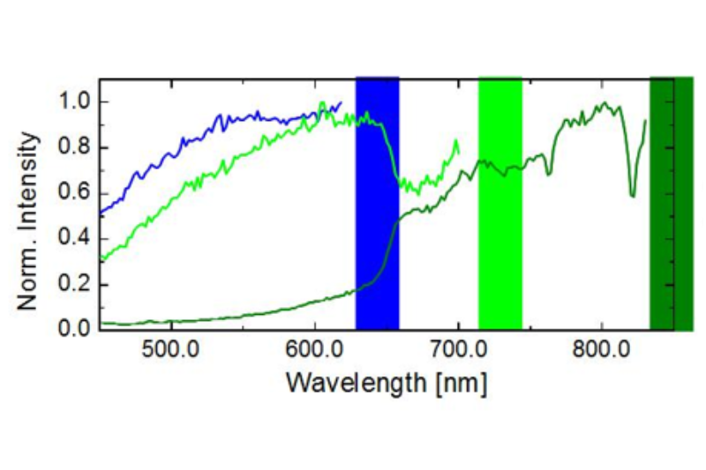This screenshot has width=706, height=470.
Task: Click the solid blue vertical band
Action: [x=377, y=203]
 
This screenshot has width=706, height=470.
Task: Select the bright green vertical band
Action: [x=500, y=203]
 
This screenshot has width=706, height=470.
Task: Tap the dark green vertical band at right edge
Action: [x=672, y=203]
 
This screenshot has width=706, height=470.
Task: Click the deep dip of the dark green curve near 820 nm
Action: [x=632, y=194]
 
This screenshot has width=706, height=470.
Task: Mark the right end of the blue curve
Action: [x=341, y=102]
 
